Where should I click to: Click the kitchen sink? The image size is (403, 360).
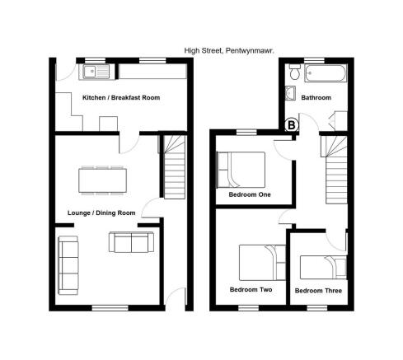tap(96, 72)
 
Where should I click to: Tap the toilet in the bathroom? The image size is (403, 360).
tap(294, 72)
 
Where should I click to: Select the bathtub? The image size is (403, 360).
tap(326, 72)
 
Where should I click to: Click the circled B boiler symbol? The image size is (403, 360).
tap(292, 125)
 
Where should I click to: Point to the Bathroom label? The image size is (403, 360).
tap(316, 97)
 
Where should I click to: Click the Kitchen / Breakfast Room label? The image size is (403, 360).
tap(121, 97)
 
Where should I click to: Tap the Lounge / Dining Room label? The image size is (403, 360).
tap(101, 213)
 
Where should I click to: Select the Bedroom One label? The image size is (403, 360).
tap(250, 194)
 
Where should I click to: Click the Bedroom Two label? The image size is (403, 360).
tap(251, 289)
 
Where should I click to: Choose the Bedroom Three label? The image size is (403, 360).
tap(318, 291)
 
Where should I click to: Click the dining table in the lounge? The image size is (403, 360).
tap(102, 180)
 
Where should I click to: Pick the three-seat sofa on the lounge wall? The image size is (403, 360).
tap(68, 265)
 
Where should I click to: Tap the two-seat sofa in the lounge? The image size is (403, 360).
tap(131, 242)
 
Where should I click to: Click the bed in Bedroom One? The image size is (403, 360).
tap(241, 170)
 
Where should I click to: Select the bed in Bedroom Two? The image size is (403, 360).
tap(262, 263)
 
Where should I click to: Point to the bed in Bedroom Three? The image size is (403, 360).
tap(323, 268)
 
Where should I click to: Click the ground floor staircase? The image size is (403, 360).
tap(175, 167)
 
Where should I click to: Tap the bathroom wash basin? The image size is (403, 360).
tap(290, 93)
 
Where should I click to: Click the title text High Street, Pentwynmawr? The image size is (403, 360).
tap(229, 50)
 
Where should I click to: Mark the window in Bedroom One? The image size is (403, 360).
tap(246, 132)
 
